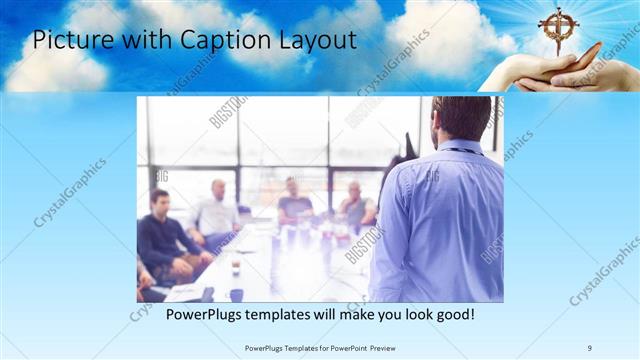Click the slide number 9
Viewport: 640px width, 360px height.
(x=590, y=347)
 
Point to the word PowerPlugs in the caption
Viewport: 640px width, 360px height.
(x=203, y=315)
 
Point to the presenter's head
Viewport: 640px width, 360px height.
(x=461, y=119)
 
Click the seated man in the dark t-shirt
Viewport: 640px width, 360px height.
(x=294, y=201)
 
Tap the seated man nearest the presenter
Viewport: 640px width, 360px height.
(x=356, y=205)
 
